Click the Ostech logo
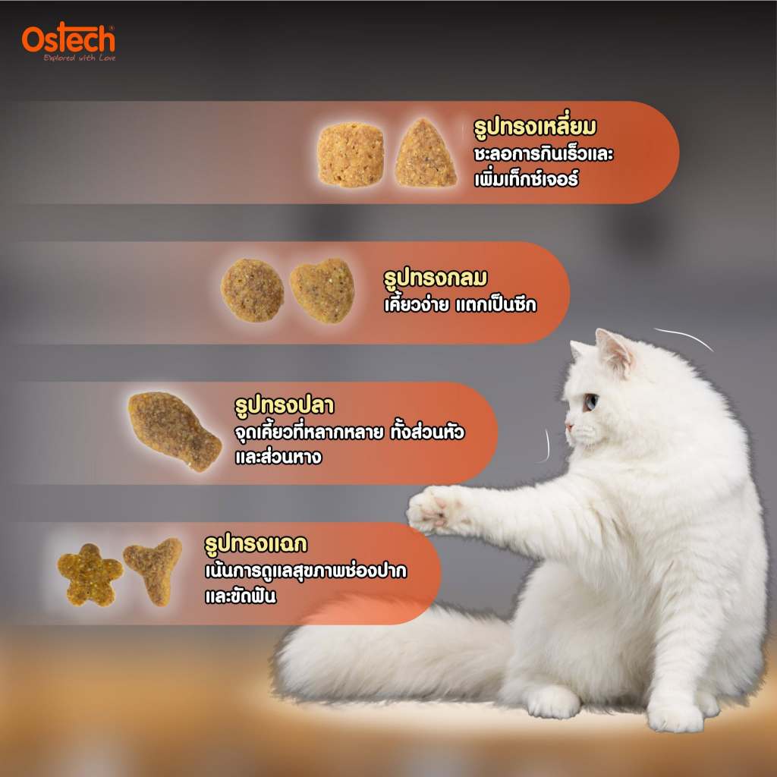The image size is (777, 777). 68,42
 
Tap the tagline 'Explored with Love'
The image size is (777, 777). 79,58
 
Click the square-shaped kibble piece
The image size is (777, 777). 351,155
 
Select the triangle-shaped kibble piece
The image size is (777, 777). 425,153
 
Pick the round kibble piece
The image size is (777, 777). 252,291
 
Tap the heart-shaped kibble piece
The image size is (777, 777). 322,291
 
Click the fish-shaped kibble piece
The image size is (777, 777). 174,431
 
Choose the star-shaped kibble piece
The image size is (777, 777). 90,575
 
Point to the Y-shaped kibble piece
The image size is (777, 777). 153,571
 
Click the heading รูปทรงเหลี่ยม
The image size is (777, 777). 535,127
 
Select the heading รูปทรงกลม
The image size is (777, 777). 435,278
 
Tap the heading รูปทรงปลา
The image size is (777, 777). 284,405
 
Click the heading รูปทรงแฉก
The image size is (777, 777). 256,544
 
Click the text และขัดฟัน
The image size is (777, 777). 241,596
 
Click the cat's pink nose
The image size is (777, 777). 569,426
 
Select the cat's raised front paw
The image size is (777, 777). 430,510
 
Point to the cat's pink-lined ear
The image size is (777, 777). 613,351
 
